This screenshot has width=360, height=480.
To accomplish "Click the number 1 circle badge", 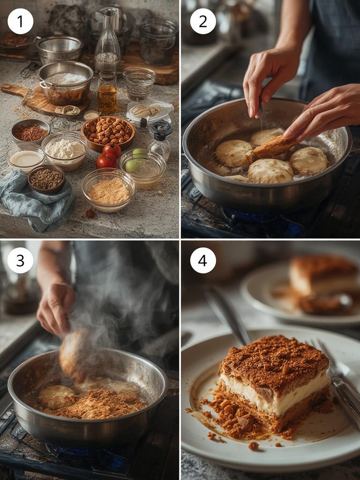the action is (x=20, y=21).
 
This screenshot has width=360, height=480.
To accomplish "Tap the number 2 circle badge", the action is (x=203, y=21).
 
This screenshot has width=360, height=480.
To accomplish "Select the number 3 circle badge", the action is (x=20, y=260).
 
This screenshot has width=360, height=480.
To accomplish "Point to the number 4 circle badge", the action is (x=203, y=260).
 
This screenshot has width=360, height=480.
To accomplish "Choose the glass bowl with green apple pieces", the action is (x=142, y=168).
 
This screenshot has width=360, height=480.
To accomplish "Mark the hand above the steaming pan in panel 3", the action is (x=55, y=309).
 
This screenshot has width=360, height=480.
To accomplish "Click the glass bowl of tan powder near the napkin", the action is (x=108, y=190).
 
